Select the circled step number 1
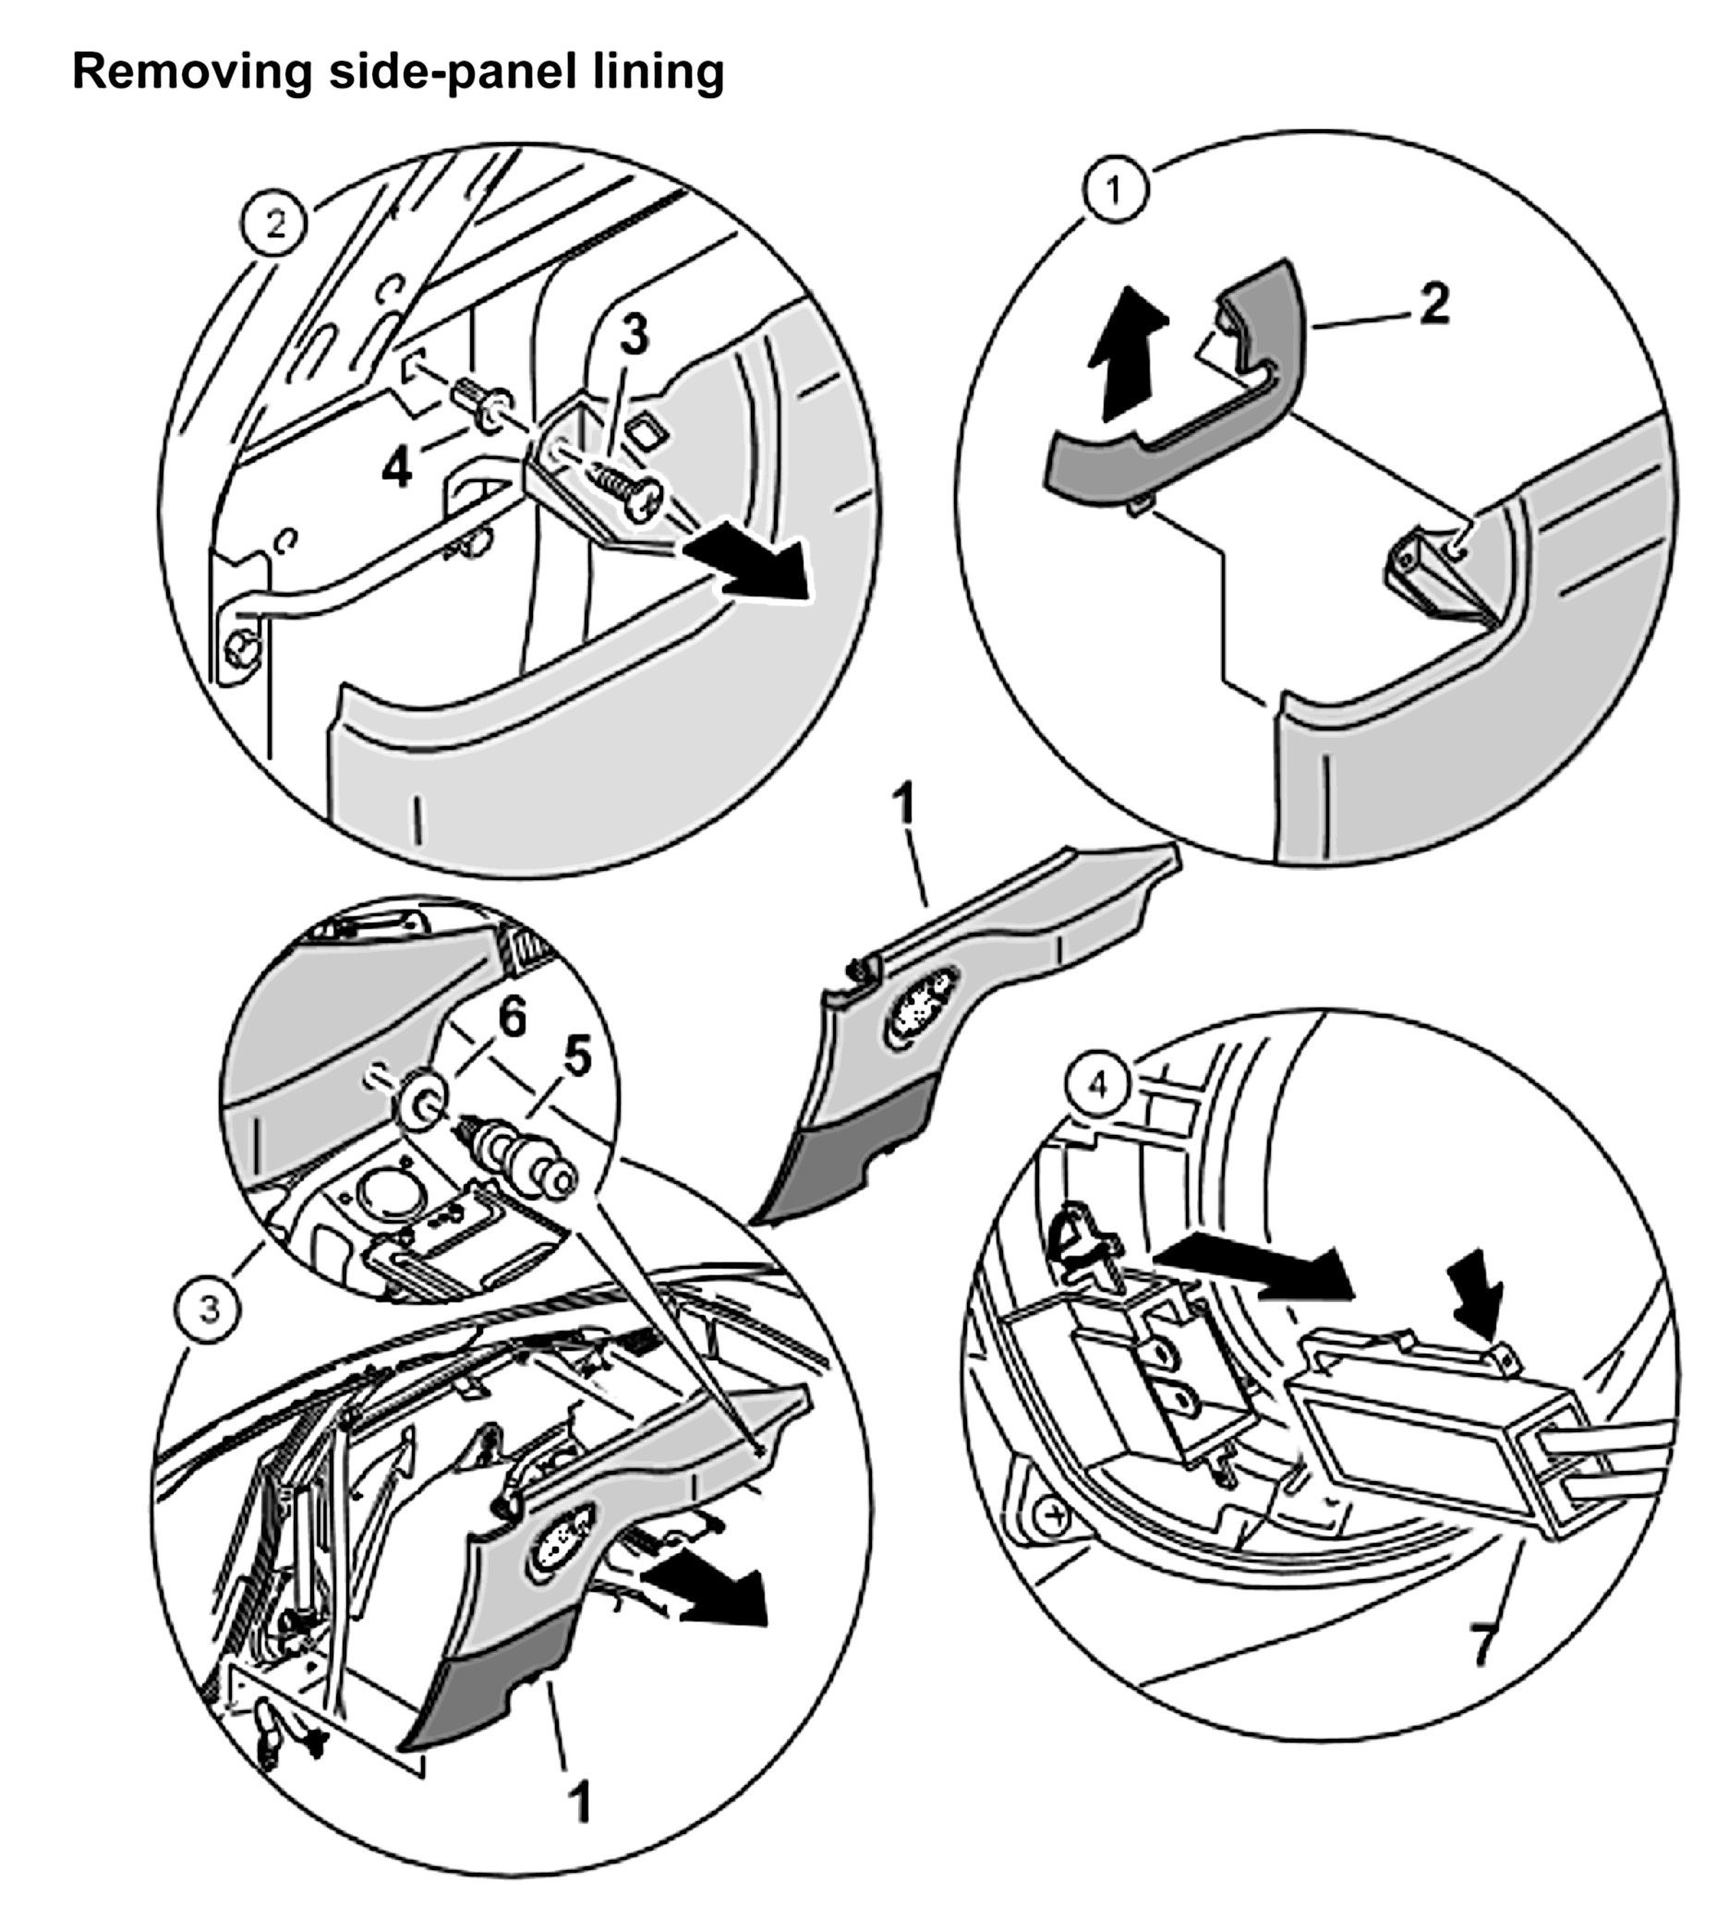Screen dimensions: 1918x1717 [x=1115, y=190]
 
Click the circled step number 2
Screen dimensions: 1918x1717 [x=274, y=224]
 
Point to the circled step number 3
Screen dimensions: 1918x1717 [x=210, y=1309]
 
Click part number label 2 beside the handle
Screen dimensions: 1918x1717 [x=1434, y=305]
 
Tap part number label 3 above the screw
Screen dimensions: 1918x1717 [x=634, y=335]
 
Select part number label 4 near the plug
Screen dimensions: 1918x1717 [x=396, y=467]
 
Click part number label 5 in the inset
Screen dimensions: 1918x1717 [x=576, y=1056]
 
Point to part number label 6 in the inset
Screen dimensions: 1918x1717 [x=512, y=1018]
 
